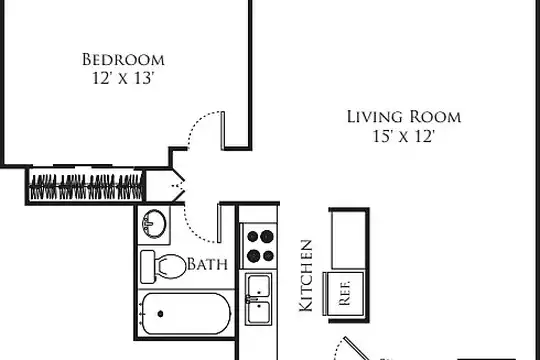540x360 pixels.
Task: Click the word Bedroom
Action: pyautogui.click(x=123, y=60)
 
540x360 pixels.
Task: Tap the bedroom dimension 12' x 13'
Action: pyautogui.click(x=122, y=78)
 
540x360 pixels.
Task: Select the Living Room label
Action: pyautogui.click(x=404, y=117)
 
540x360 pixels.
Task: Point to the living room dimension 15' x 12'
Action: pyautogui.click(x=403, y=136)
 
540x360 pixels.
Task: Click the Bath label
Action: pyautogui.click(x=207, y=264)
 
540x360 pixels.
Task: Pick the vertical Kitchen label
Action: pyautogui.click(x=306, y=276)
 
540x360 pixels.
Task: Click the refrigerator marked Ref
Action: pyautogui.click(x=344, y=294)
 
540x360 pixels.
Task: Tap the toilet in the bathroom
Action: pyautogui.click(x=162, y=267)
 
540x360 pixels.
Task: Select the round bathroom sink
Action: pyautogui.click(x=154, y=223)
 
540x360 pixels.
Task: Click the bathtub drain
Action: pyautogui.click(x=160, y=313)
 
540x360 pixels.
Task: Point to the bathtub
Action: pyautogui.click(x=186, y=313)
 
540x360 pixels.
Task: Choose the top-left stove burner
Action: pyautogui.click(x=252, y=236)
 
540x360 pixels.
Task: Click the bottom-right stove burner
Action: pyautogui.click(x=268, y=256)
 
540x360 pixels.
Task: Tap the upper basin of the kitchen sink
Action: pyautogui.click(x=258, y=286)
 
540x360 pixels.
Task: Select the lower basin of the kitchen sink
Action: pyautogui.click(x=258, y=312)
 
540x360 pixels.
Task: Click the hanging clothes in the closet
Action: pyautogui.click(x=86, y=187)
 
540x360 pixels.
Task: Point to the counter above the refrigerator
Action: pyautogui.click(x=348, y=240)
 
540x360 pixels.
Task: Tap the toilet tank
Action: pyautogui.click(x=147, y=267)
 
